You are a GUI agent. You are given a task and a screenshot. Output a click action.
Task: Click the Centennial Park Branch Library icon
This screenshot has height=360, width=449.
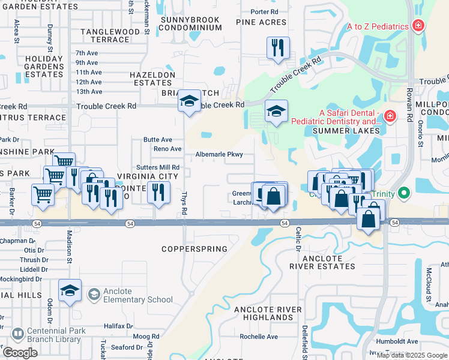[17, 333]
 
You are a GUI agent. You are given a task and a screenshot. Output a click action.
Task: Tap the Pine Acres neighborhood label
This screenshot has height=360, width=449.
[261, 22]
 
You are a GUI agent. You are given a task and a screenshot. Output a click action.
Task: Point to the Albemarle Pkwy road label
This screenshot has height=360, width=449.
[219, 154]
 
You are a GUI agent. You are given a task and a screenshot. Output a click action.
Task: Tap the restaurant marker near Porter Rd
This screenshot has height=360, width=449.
[278, 48]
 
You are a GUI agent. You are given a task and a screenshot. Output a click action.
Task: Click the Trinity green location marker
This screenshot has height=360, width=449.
[404, 194]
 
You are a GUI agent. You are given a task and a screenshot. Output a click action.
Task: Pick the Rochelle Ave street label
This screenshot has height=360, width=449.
[259, 337]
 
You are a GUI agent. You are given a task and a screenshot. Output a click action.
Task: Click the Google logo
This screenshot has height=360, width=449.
[20, 353]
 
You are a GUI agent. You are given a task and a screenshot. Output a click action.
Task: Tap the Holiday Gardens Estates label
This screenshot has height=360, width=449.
[44, 67]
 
